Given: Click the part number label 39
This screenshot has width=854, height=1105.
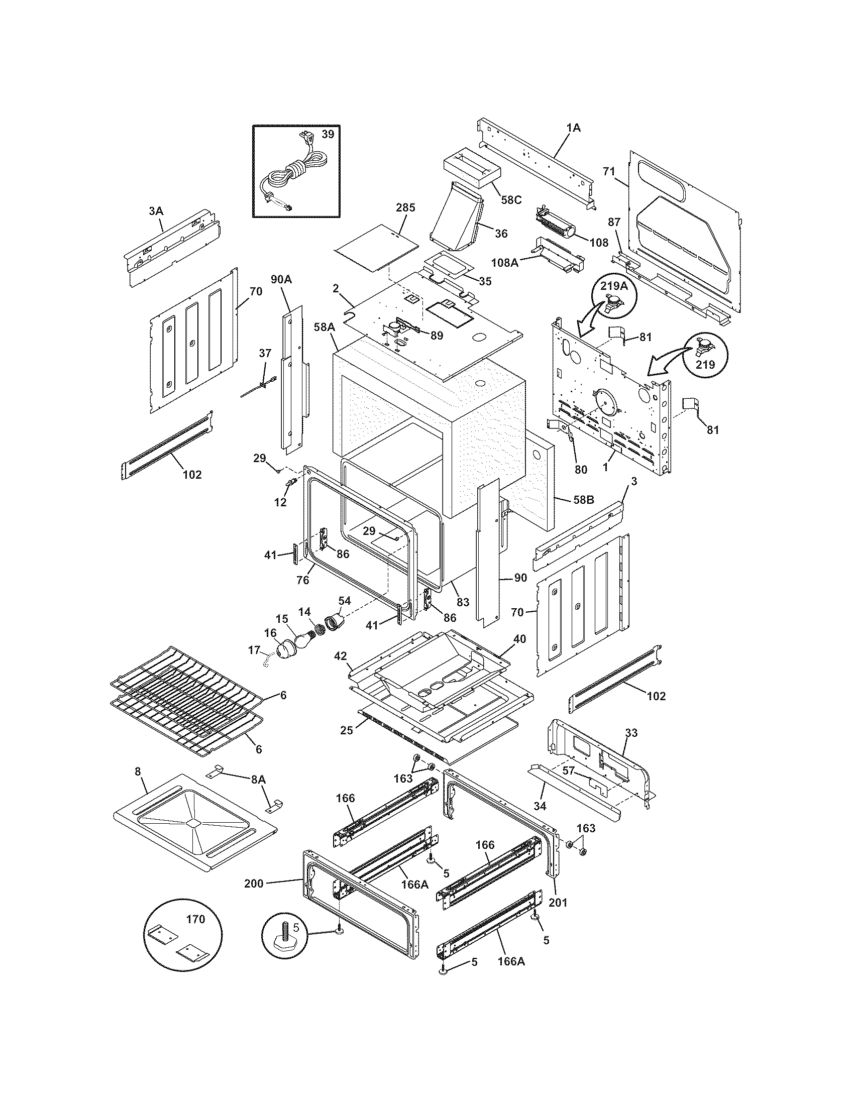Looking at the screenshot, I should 328,134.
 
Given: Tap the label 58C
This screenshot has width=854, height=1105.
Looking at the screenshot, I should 511,200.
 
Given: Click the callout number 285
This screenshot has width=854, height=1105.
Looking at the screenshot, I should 405,207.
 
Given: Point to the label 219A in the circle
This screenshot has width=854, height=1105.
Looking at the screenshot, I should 614,286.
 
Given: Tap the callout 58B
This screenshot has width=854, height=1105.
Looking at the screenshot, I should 583,500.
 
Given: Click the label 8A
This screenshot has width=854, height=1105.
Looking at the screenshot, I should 258,780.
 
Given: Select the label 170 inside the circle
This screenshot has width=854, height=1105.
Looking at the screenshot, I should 195,919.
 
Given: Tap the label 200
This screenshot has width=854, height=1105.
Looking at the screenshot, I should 254,884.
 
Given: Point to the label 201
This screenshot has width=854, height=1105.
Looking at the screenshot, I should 558,902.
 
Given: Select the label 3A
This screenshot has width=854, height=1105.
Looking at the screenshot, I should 156,211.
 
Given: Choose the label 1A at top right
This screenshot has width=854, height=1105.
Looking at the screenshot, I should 573,128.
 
